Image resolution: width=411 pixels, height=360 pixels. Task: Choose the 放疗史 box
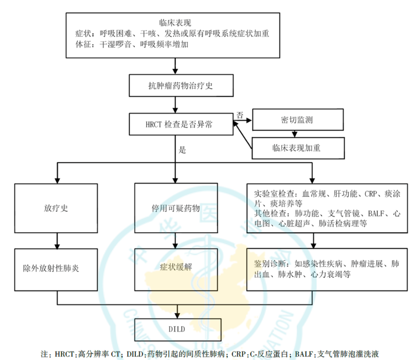point(56,208)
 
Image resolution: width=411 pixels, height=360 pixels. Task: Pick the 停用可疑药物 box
point(176,208)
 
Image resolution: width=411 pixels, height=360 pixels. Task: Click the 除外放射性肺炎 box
point(56,268)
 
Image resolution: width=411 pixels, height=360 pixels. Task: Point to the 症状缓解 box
point(176,268)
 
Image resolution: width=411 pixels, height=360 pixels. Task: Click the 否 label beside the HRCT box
point(240,115)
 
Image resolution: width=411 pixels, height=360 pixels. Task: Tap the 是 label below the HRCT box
point(182,150)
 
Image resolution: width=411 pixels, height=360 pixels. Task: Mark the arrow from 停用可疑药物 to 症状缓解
point(176,241)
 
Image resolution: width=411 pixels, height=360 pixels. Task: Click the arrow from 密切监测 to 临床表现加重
point(294,134)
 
